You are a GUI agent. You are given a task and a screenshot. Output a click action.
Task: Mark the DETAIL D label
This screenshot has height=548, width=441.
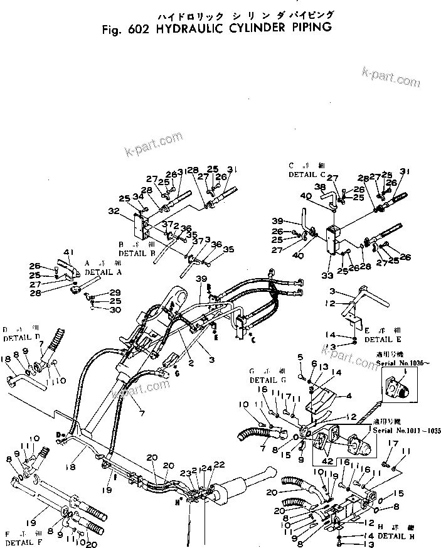pos(21,338)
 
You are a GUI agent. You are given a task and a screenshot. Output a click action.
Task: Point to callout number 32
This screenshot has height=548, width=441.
pos(114,212)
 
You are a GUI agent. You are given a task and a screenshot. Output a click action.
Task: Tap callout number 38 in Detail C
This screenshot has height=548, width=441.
pos(319,187)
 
